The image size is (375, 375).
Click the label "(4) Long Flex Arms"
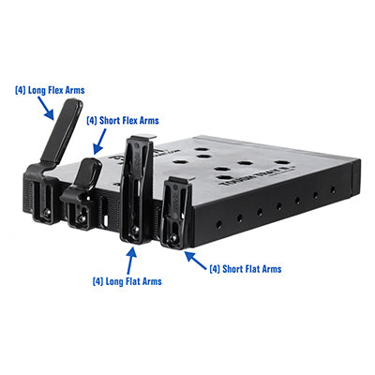(x=50, y=90)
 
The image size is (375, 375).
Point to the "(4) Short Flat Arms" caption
(x=246, y=269)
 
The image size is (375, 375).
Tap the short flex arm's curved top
(x=91, y=168)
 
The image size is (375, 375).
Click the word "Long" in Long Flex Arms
(x=36, y=90)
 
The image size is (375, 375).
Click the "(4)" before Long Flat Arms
(x=97, y=280)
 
